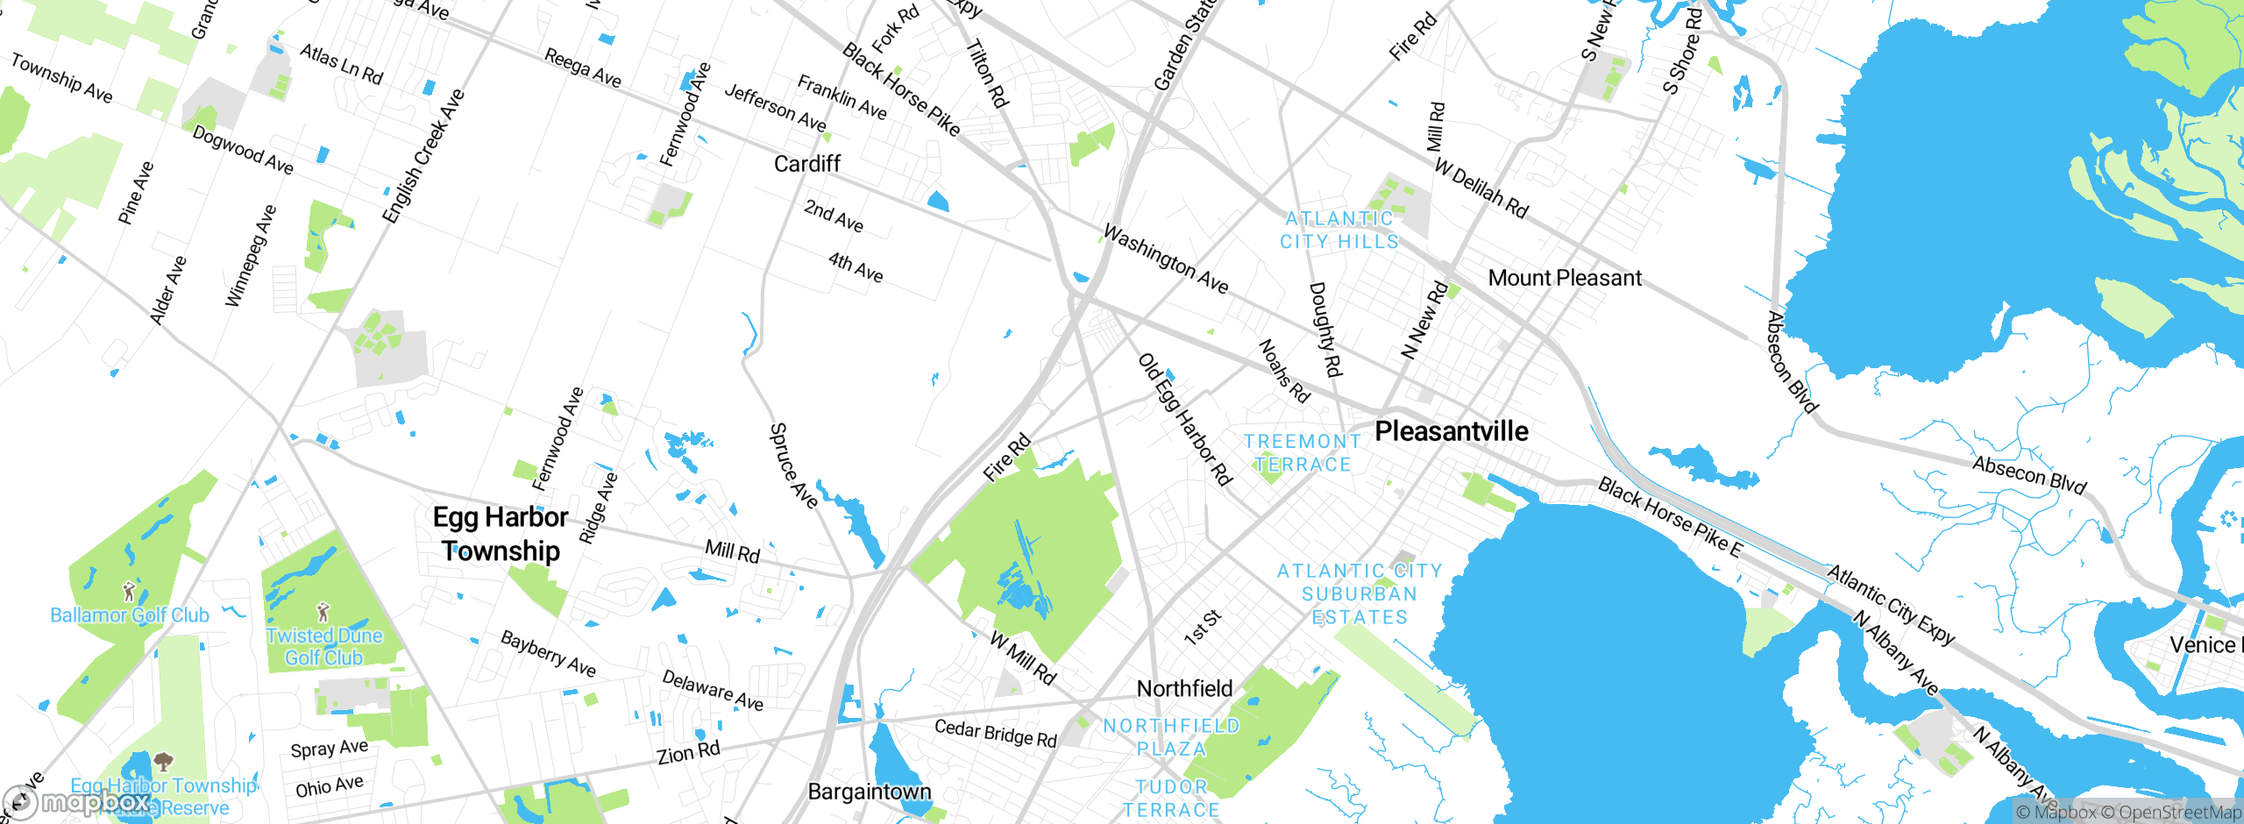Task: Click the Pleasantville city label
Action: point(1451,431)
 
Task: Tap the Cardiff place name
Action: point(806,164)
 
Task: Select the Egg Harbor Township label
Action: point(501,534)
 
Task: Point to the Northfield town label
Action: point(1184,689)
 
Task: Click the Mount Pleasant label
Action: point(1565,278)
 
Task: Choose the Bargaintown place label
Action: point(869,792)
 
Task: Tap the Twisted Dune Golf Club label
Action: point(324,647)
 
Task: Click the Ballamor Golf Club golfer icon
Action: point(129,592)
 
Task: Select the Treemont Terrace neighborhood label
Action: point(1303,453)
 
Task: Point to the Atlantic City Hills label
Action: point(1339,230)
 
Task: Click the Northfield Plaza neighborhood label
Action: point(1171,737)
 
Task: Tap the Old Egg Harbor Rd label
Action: point(1185,419)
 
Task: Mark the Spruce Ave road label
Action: point(793,465)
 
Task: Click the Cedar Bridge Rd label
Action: point(995,733)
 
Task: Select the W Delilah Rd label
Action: point(1481,188)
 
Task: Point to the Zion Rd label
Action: point(689,752)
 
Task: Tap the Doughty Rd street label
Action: point(1324,329)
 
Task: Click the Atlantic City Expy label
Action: point(1891,605)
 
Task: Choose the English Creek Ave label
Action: point(423,156)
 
